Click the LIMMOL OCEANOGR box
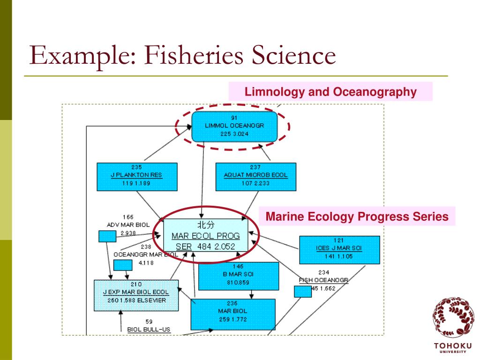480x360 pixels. click(234, 126)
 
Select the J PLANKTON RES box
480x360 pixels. click(137, 177)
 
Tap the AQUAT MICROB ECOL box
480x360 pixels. click(255, 177)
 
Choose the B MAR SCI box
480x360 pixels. click(239, 276)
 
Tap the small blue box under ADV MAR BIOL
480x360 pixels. click(107, 237)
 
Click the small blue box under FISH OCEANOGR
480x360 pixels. click(303, 292)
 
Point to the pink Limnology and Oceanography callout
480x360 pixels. click(330, 92)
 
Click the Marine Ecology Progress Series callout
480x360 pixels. click(357, 217)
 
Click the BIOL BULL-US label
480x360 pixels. click(149, 329)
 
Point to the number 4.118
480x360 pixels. click(146, 263)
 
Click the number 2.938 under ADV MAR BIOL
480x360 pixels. click(128, 232)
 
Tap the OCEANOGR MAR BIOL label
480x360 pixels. click(145, 254)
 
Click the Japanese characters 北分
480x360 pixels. click(206, 225)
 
